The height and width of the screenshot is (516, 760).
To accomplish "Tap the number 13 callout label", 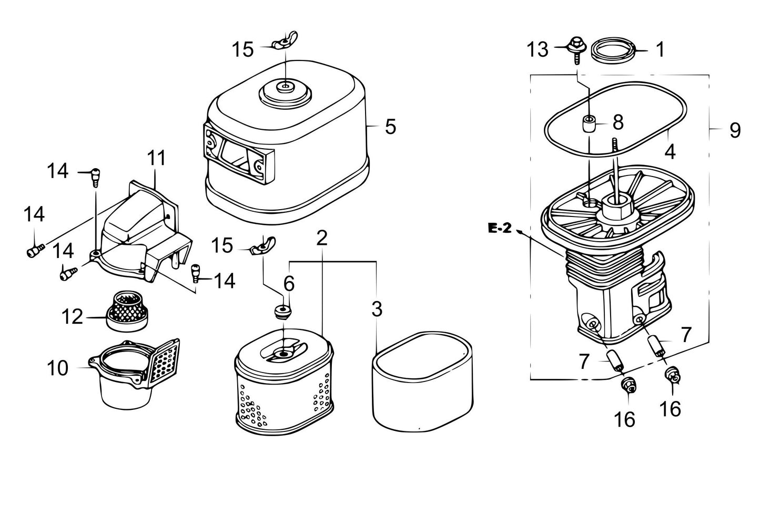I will (538, 50).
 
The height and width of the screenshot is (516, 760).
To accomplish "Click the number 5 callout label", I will (390, 127).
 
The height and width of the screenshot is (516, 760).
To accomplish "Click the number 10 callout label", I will (57, 368).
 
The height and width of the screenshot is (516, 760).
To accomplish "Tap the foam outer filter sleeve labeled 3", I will (423, 378).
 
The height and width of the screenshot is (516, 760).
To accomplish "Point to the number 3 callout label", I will (377, 309).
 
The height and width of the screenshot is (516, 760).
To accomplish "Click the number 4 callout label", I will (670, 151).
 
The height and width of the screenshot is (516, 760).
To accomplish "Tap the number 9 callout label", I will (735, 130).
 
